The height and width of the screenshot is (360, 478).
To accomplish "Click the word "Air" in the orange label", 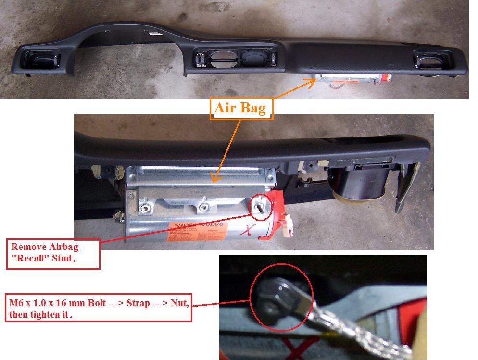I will [225, 108].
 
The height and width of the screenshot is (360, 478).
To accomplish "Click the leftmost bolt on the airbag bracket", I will [143, 209].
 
